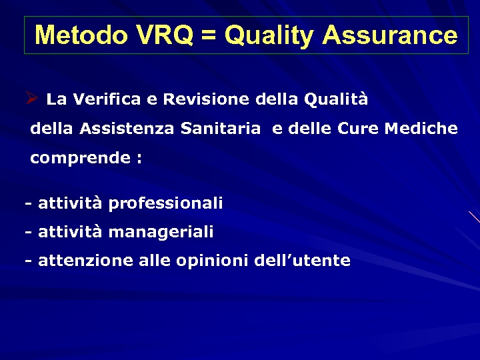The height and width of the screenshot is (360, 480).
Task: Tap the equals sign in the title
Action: pyautogui.click(x=208, y=36)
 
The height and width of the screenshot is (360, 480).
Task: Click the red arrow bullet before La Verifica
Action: pyautogui.click(x=31, y=99)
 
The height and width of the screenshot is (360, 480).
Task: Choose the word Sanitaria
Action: pyautogui.click(x=221, y=129)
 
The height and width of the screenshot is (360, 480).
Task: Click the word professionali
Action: pyautogui.click(x=165, y=203)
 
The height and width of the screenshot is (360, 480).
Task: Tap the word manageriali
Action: pyautogui.click(x=161, y=233)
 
